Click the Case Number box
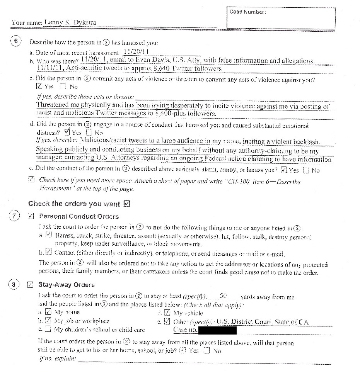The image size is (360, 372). (x=281, y=18)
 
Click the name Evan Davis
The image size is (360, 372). (x=149, y=60)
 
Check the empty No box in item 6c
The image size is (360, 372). (x=63, y=87)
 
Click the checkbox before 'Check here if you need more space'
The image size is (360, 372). (x=31, y=180)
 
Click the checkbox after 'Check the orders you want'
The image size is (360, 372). (x=126, y=204)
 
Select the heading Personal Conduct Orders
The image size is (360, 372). (x=78, y=216)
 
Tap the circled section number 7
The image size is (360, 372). (x=14, y=216)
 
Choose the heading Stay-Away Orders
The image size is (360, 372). (x=66, y=285)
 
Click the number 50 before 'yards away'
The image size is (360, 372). (x=223, y=296)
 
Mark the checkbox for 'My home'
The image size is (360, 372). (x=48, y=312)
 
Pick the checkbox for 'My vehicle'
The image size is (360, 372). (x=167, y=313)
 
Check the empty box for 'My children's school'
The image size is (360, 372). (x=48, y=330)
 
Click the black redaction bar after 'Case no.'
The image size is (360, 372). (x=217, y=330)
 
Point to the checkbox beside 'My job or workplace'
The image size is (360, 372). (x=48, y=321)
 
